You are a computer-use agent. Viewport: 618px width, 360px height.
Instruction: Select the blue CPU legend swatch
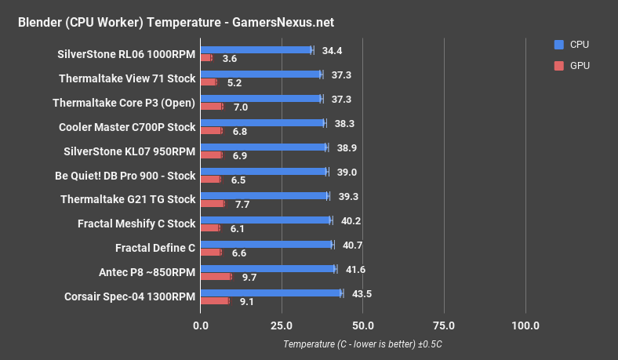pyautogui.click(x=558, y=45)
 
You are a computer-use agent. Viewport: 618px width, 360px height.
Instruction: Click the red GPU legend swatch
pyautogui.click(x=558, y=66)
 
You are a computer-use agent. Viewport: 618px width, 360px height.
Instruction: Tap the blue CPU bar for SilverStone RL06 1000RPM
pyautogui.click(x=256, y=50)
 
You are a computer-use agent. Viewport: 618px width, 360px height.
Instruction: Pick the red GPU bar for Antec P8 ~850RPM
pyautogui.click(x=216, y=276)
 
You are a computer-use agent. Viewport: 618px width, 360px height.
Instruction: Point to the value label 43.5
pyautogui.click(x=362, y=293)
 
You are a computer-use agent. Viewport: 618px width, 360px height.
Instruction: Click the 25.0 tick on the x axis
pyautogui.click(x=282, y=325)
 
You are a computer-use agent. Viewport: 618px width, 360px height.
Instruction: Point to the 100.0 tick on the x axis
pyautogui.click(x=525, y=325)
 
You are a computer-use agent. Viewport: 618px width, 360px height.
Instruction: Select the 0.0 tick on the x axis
pyautogui.click(x=201, y=325)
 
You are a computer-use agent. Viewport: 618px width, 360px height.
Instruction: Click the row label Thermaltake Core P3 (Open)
pyautogui.click(x=124, y=102)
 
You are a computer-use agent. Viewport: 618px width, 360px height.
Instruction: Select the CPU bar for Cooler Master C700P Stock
pyautogui.click(x=262, y=123)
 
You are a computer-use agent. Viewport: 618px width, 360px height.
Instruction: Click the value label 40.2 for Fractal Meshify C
pyautogui.click(x=351, y=220)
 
